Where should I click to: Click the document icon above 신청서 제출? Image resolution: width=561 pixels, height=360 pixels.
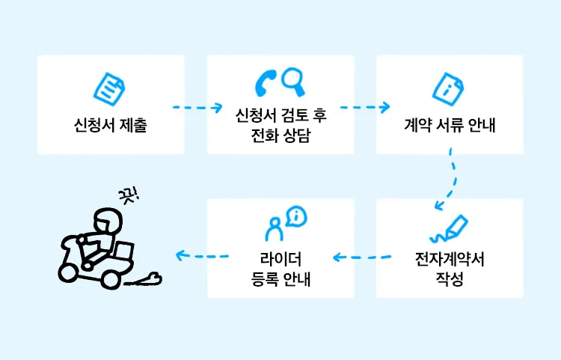click(x=110, y=88)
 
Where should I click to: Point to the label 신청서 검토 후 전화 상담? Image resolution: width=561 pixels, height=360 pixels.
click(x=280, y=124)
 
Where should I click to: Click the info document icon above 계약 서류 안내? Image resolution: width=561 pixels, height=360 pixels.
click(x=450, y=88)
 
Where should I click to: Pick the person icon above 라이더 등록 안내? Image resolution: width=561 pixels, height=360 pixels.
click(x=274, y=228)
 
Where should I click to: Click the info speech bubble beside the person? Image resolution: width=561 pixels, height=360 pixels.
click(x=297, y=217)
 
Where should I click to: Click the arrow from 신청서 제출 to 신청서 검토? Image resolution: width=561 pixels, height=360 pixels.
click(x=196, y=108)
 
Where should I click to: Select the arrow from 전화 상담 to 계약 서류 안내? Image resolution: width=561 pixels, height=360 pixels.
click(x=365, y=108)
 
